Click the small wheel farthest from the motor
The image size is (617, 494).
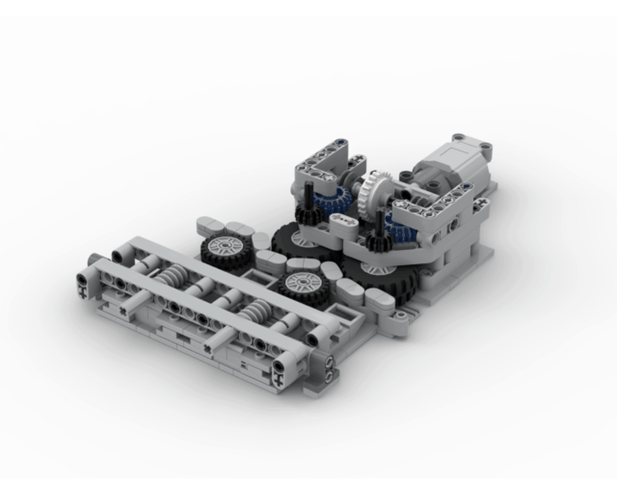225,250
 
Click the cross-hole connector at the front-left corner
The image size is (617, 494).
82,285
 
